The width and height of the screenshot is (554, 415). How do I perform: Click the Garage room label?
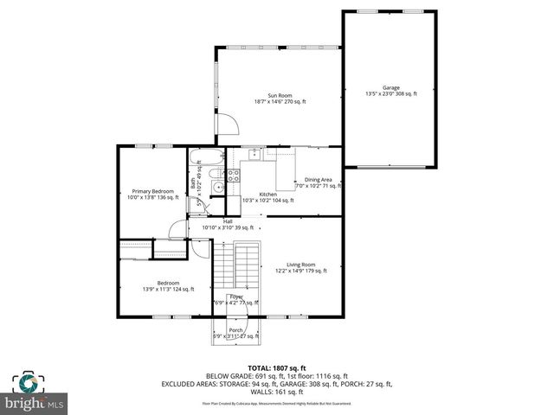(x=391, y=86)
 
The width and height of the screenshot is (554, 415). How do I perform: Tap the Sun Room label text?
(x=280, y=95)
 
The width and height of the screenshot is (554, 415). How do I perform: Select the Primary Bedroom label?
(x=152, y=191)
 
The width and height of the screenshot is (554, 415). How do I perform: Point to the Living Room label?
(x=301, y=264)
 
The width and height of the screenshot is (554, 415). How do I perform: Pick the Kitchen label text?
(x=268, y=195)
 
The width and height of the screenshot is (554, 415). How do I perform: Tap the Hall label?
(x=228, y=221)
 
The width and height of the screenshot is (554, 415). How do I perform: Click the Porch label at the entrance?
(x=235, y=329)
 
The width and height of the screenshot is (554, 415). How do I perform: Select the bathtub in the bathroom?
(x=207, y=159)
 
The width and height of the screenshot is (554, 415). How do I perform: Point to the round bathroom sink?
(x=219, y=187)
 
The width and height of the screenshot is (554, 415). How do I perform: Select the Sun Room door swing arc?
(x=227, y=125)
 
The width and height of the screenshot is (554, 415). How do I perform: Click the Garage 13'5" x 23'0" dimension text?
(x=391, y=93)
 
